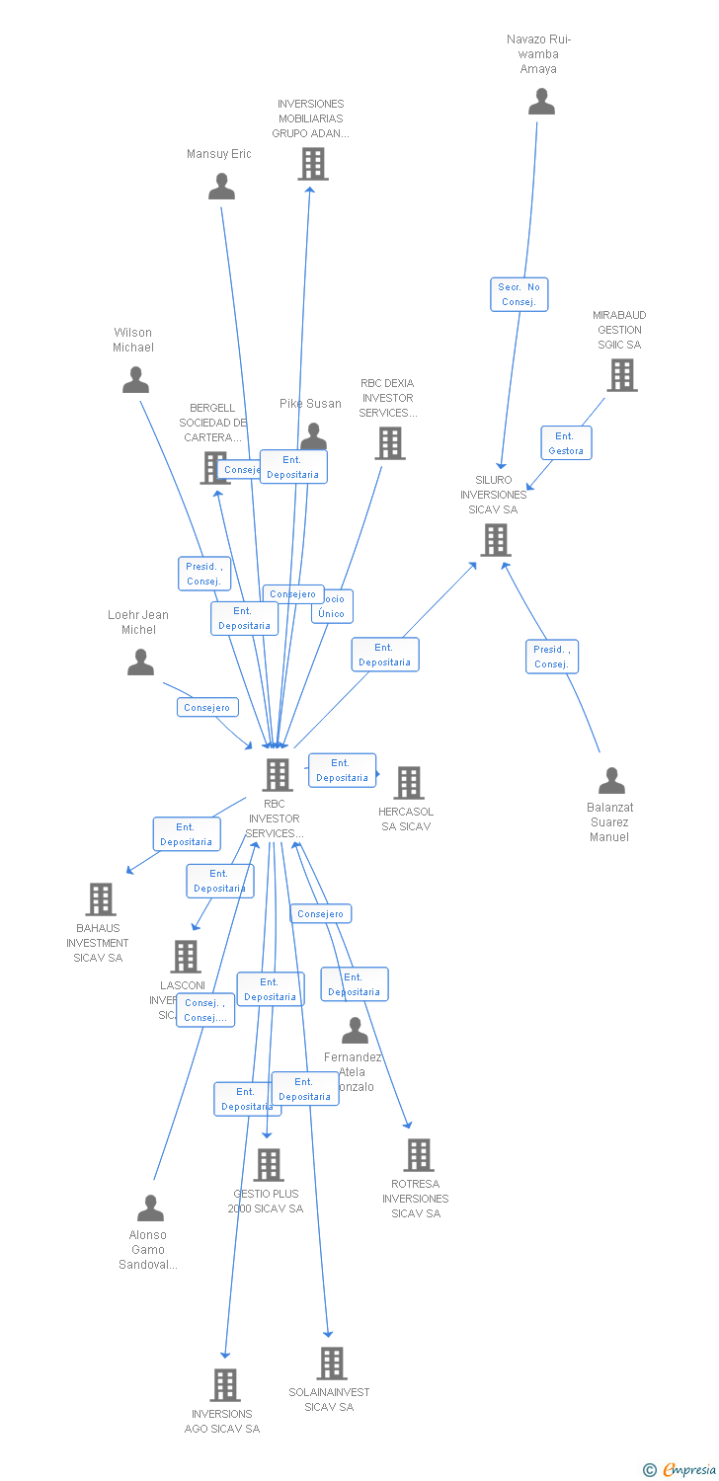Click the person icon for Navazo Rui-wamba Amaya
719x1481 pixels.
[541, 102]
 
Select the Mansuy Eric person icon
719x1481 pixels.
[221, 186]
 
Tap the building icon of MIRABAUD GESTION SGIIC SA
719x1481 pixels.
[621, 375]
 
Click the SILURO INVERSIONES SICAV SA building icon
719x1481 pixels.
[495, 540]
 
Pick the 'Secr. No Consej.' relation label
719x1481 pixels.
[519, 294]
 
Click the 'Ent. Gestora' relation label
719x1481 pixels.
[565, 443]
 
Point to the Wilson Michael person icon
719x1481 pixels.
[135, 380]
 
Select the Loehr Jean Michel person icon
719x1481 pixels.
[140, 663]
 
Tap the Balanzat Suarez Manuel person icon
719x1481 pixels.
[611, 781]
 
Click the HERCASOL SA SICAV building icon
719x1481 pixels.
[408, 783]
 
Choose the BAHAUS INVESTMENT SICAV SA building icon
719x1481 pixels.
[101, 899]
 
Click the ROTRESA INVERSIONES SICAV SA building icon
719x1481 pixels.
[419, 1155]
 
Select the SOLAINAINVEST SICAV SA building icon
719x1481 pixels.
[331, 1364]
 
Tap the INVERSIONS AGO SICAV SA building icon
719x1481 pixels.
[225, 1385]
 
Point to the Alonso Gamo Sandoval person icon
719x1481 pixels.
[150, 1208]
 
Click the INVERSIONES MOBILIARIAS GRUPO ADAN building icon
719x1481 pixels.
[312, 164]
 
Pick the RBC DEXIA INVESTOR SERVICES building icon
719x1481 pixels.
[389, 443]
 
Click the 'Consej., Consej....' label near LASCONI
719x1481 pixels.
[205, 1010]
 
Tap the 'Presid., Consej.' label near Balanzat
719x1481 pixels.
[551, 657]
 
